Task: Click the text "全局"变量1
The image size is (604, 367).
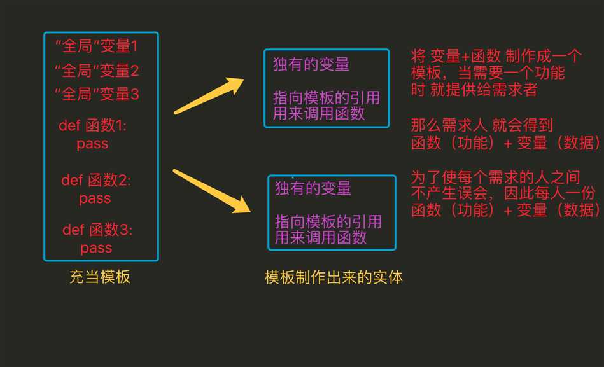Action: click(96, 46)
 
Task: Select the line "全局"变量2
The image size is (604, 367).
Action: click(96, 71)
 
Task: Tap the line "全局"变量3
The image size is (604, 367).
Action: click(96, 94)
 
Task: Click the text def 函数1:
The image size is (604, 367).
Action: click(92, 125)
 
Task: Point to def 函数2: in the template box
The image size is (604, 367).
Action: click(96, 180)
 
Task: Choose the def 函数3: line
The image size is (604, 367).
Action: click(97, 230)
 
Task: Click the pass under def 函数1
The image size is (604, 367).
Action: click(92, 144)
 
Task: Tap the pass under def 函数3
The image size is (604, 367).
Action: click(96, 248)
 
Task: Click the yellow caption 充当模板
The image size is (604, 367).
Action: click(100, 277)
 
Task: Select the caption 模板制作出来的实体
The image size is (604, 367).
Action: click(334, 277)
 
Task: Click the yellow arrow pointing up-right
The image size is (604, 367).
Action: click(209, 96)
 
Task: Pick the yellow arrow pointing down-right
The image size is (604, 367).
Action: click(211, 191)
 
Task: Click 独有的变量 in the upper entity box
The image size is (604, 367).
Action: click(311, 64)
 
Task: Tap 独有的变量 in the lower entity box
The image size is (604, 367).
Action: click(313, 188)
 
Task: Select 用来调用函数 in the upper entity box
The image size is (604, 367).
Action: click(319, 114)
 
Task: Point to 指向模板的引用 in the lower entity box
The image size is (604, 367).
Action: click(328, 221)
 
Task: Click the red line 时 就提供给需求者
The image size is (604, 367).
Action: click(474, 89)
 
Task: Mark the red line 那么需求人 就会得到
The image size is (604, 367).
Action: click(482, 125)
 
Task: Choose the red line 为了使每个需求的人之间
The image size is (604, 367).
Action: click(495, 177)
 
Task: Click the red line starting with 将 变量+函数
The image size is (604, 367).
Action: click(496, 56)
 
